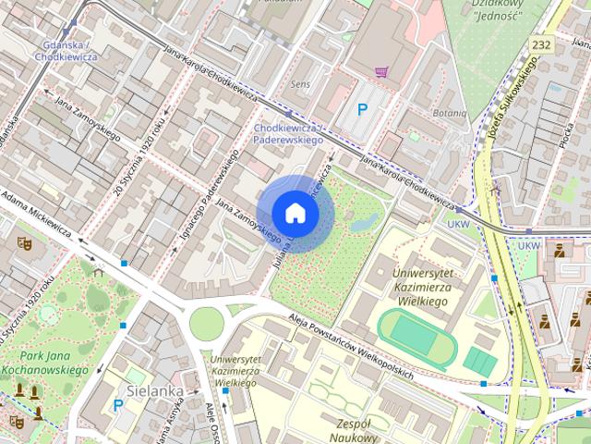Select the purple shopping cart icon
pyautogui.click(x=380, y=71)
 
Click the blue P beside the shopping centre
pyautogui.click(x=364, y=110)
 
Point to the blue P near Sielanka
pyautogui.click(x=117, y=405)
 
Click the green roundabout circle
pyautogui.click(x=207, y=324)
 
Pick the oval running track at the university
pyautogui.click(x=418, y=335)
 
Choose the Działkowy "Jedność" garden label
pyautogui.click(x=497, y=11)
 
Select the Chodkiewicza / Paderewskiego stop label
pyautogui.click(x=287, y=133)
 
